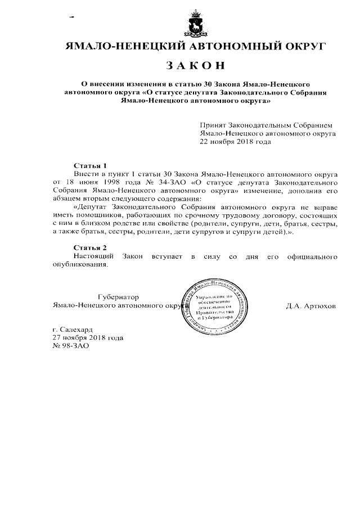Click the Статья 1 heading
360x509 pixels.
[91, 166]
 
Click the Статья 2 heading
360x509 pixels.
[91, 247]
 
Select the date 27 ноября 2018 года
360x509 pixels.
[87, 338]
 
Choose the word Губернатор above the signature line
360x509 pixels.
[118, 297]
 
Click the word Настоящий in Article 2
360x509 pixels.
[93, 256]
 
